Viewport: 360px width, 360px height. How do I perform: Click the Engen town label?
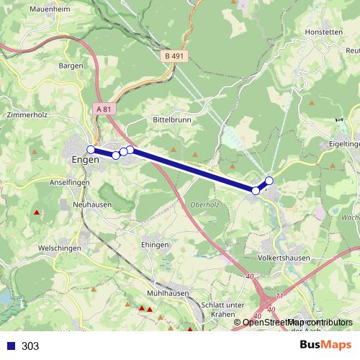[x=86, y=160]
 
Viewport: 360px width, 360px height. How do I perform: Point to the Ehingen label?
[x=156, y=245]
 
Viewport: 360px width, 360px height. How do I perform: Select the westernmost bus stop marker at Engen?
[x=91, y=149]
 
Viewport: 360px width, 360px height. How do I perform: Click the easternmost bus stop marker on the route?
[x=269, y=180]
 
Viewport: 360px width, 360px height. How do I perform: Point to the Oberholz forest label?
[x=204, y=204]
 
